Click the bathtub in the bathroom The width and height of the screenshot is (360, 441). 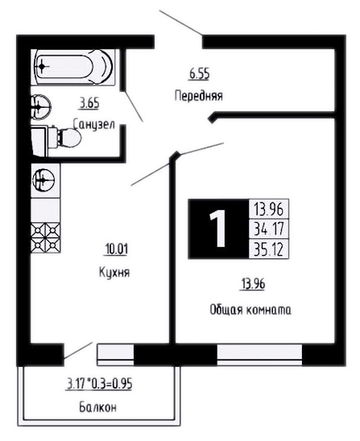pyautogui.click(x=73, y=67)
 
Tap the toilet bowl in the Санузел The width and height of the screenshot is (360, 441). pyautogui.click(x=64, y=138)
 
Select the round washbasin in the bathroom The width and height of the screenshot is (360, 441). pyautogui.click(x=40, y=107)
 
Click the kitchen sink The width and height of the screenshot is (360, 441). pyautogui.click(x=43, y=179)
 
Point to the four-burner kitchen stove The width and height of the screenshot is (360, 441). pyautogui.click(x=45, y=237)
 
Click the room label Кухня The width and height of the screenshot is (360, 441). pyautogui.click(x=114, y=272)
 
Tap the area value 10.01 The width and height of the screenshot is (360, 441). pyautogui.click(x=116, y=249)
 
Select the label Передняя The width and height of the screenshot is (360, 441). pyautogui.click(x=199, y=96)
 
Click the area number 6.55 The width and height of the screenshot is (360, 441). pyautogui.click(x=199, y=74)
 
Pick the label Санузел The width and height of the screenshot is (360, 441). pyautogui.click(x=93, y=124)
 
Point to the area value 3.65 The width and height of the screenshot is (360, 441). pyautogui.click(x=89, y=103)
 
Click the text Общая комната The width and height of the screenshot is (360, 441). pyautogui.click(x=250, y=310)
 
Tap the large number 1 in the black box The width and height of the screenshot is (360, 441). pyautogui.click(x=217, y=229)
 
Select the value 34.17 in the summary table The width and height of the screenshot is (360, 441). pyautogui.click(x=269, y=229)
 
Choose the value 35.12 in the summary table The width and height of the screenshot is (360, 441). pyautogui.click(x=269, y=249)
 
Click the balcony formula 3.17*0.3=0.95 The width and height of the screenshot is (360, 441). pyautogui.click(x=99, y=384)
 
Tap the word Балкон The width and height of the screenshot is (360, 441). pyautogui.click(x=97, y=407)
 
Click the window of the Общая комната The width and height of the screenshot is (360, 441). pyautogui.click(x=259, y=354)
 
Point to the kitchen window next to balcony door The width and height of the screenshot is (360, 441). pyautogui.click(x=115, y=354)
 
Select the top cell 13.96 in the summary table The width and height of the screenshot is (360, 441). pyautogui.click(x=268, y=208)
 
